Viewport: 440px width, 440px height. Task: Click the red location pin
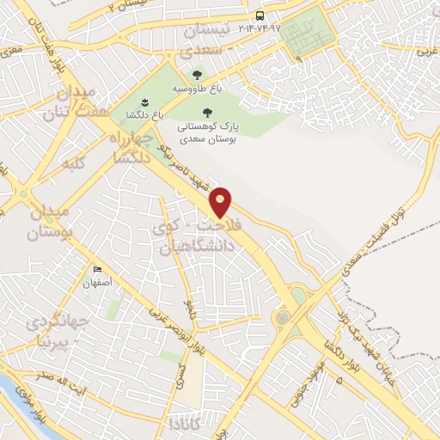pos(222,203)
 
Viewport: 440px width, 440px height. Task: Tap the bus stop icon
pos(260,16)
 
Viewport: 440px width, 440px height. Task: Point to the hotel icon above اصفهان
pos(96,271)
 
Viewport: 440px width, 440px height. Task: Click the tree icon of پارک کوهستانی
pos(205,112)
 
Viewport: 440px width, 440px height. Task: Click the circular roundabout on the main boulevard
pos(282,318)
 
